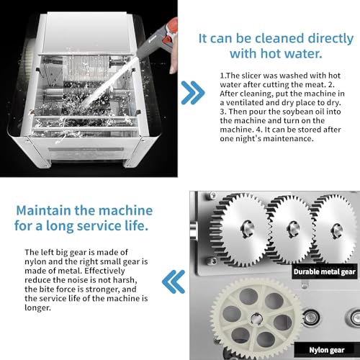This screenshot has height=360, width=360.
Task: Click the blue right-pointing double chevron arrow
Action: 193,93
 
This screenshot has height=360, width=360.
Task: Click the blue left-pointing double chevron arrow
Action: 174,282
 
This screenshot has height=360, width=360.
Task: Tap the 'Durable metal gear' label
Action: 324,271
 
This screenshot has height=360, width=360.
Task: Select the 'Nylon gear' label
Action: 327,350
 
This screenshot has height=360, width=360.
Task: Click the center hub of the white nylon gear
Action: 256,319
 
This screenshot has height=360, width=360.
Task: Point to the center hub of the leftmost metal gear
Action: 247,228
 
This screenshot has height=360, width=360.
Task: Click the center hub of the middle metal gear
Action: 293,229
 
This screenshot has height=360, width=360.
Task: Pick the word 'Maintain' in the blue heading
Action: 43,210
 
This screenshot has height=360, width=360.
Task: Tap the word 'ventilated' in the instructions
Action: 248,102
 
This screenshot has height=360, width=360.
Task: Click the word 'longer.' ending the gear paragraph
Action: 38,307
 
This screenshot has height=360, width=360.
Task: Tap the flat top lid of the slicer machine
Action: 86,32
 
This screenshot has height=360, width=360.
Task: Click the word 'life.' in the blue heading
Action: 137,225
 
